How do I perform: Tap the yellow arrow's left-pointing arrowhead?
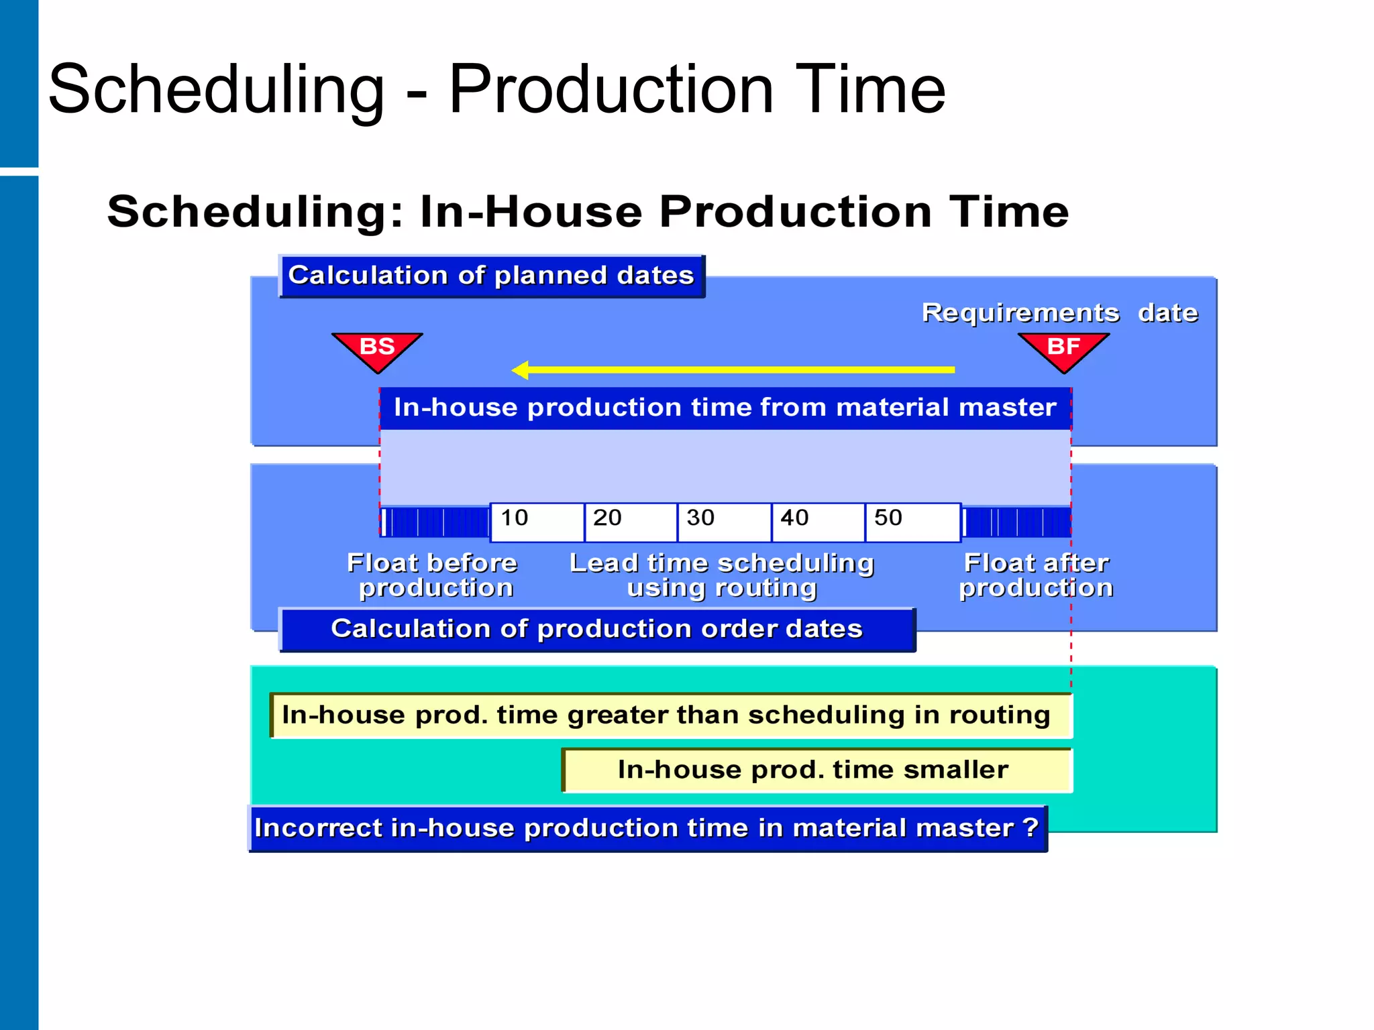pos(521,369)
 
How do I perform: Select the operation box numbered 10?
pos(537,522)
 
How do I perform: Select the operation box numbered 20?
pos(630,522)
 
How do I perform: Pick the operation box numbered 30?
pos(724,522)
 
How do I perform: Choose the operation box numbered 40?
pos(817,522)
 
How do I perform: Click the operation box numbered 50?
pos(912,522)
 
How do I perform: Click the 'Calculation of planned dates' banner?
pos(491,276)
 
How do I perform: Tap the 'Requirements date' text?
pos(1059,313)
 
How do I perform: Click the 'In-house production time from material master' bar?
pos(725,408)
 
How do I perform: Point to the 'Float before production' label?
pos(433,575)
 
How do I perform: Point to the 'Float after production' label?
pos(1036,575)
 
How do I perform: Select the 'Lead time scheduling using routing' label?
pos(722,575)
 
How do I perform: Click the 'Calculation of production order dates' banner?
pos(596,629)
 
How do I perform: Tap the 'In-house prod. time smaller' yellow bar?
pos(814,770)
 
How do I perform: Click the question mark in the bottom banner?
pos(1031,827)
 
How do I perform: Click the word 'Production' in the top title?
pos(611,89)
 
